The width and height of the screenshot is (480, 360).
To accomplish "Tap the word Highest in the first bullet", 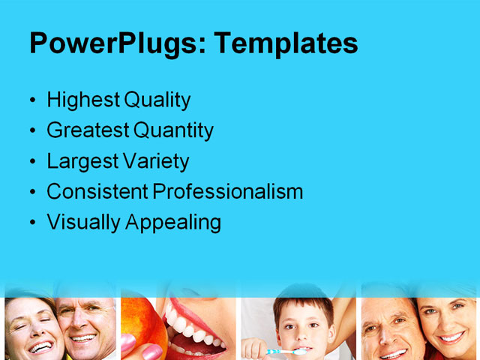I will [x=82, y=100].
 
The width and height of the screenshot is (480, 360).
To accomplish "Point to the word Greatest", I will [x=87, y=130].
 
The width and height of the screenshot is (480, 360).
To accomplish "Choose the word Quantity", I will [x=173, y=130].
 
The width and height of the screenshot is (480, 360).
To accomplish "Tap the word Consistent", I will [x=97, y=192].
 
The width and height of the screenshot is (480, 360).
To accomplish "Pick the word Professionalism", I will [x=228, y=192].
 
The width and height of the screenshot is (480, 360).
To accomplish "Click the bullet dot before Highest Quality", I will [x=31, y=100].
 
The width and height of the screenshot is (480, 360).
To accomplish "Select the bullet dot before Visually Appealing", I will [x=31, y=223].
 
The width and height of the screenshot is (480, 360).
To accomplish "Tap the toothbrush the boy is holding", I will [x=286, y=351].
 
